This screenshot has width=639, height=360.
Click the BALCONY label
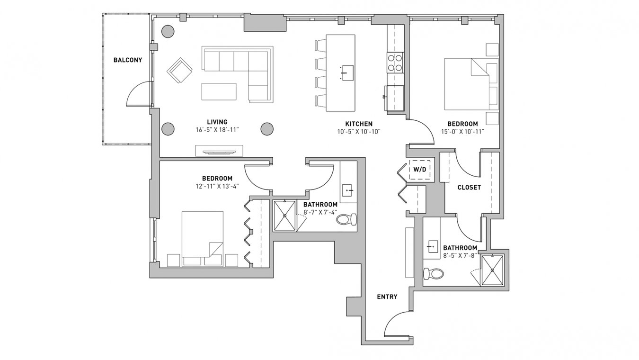point(127,60)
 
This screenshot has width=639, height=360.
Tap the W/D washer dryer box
point(420,170)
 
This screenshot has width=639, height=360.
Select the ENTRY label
point(387,297)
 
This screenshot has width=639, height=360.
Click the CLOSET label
point(469,188)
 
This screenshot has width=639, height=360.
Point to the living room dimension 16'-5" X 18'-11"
point(217,130)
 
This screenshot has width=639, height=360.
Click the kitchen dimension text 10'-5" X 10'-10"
point(359,132)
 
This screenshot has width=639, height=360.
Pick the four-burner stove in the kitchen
point(395,63)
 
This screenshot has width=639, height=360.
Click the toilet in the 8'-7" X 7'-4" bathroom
point(346,219)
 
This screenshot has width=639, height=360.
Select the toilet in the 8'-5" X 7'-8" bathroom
point(434,274)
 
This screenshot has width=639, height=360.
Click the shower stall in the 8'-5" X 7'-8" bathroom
point(492,270)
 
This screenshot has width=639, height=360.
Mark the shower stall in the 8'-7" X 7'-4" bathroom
point(284,216)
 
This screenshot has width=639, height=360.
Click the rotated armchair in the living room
point(179,70)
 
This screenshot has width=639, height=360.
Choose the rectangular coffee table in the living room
point(219,91)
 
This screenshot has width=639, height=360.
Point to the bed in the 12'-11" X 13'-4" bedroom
point(203,239)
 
